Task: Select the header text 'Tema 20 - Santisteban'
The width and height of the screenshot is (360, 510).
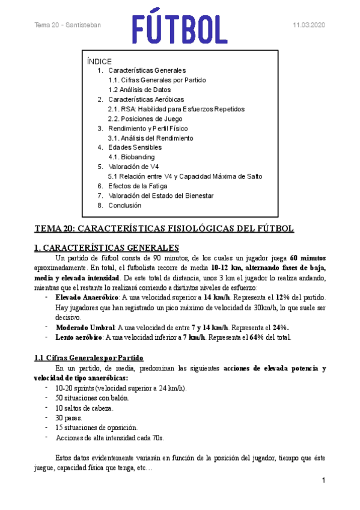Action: coord(67,25)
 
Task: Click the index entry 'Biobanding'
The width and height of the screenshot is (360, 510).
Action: coord(132,157)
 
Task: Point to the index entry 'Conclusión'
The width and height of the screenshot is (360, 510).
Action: coord(125,205)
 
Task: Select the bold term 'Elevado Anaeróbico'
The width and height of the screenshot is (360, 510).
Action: coord(87,297)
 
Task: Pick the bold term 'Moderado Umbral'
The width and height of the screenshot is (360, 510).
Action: coord(84,327)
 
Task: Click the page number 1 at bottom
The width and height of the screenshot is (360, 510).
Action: coord(323,481)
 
